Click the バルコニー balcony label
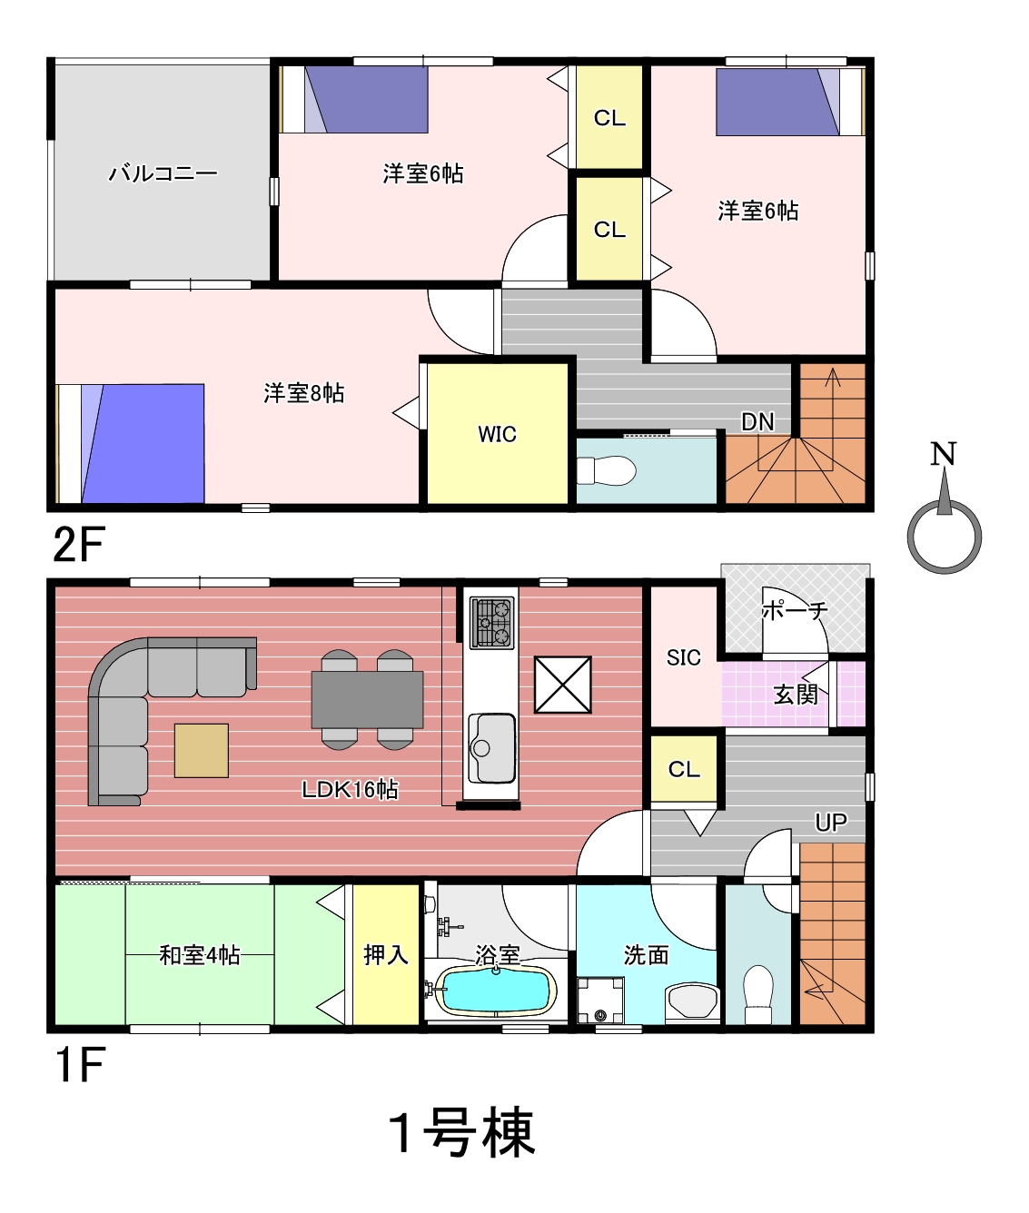pyautogui.click(x=163, y=173)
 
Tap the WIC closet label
pyautogui.click(x=497, y=434)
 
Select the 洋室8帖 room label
pyautogui.click(x=303, y=392)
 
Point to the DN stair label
pyautogui.click(x=757, y=421)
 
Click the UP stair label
pyautogui.click(x=831, y=823)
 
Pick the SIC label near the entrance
pyautogui.click(x=683, y=658)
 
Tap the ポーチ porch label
pyautogui.click(x=795, y=611)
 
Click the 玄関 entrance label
pyautogui.click(x=796, y=695)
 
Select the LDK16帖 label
pyautogui.click(x=350, y=789)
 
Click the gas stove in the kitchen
pyautogui.click(x=492, y=623)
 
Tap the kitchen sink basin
pyautogui.click(x=491, y=748)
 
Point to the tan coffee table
pyautogui.click(x=202, y=751)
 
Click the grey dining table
pyautogui.click(x=367, y=700)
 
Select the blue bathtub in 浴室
pyautogui.click(x=497, y=991)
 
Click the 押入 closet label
pyautogui.click(x=385, y=956)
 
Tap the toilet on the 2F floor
pyautogui.click(x=607, y=470)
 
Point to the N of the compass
pyautogui.click(x=943, y=454)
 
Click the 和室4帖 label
pyautogui.click(x=200, y=956)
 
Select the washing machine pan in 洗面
pyautogui.click(x=600, y=1000)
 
